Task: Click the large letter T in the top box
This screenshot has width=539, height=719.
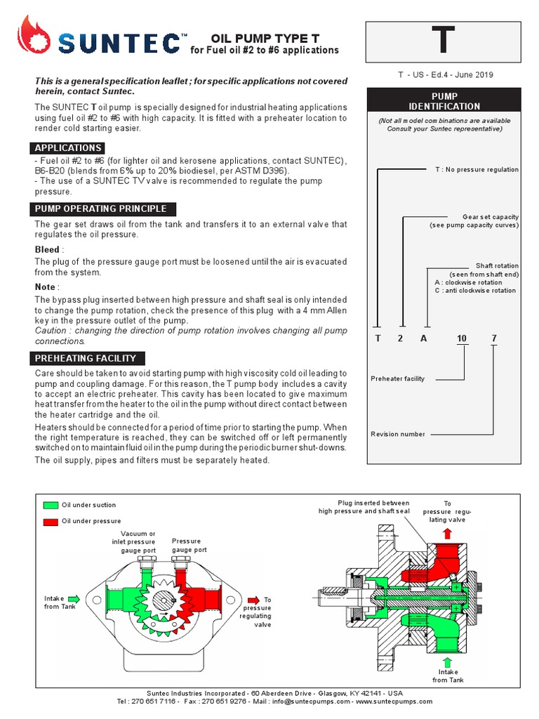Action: pos(443,42)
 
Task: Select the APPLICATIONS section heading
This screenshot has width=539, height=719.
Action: pos(68,148)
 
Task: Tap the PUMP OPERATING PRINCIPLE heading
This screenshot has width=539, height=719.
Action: pos(100,209)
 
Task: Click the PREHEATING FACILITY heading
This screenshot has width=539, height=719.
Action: pos(85,358)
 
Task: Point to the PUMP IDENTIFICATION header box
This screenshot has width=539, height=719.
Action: pos(444,101)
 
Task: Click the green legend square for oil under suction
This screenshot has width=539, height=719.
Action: pos(50,505)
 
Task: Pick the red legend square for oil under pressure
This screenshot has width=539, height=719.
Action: pos(50,521)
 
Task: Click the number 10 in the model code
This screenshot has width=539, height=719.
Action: pos(461,338)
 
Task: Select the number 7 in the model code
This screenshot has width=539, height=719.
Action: pos(494,338)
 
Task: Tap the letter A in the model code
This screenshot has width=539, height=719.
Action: pos(423,338)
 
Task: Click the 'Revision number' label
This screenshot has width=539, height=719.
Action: pos(397,434)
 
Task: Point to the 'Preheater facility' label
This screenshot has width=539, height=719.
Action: pos(397,378)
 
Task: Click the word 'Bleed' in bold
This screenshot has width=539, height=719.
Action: pos(47,250)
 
